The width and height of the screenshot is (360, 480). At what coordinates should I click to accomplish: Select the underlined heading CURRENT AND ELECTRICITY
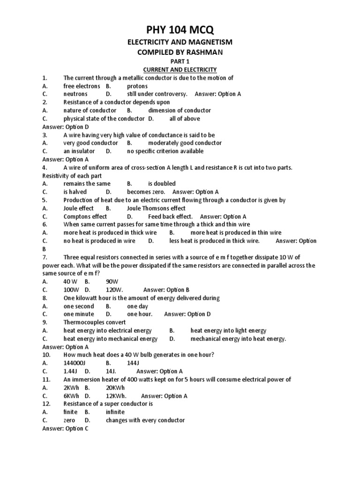tap(180, 70)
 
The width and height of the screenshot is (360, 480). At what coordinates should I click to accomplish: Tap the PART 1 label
tap(180, 61)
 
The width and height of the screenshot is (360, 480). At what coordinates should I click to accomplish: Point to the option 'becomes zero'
tap(146, 192)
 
